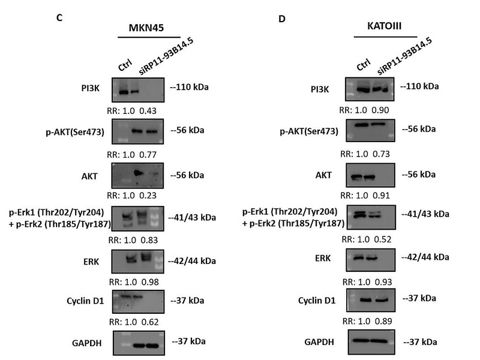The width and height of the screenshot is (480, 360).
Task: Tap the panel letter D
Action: click(x=283, y=19)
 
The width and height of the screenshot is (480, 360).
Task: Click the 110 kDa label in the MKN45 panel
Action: click(x=190, y=87)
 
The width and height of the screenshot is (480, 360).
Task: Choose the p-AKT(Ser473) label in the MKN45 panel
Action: click(x=82, y=131)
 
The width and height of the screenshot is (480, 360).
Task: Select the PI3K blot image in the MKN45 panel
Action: click(x=140, y=89)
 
